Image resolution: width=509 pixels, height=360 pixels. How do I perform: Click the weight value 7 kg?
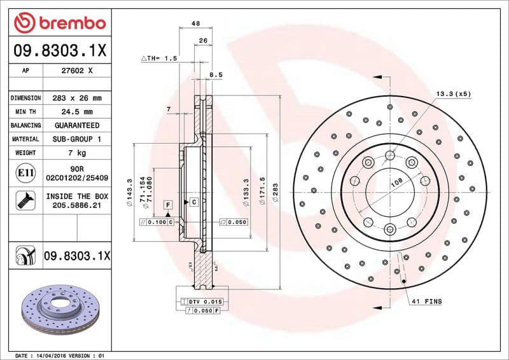click(x=77, y=153)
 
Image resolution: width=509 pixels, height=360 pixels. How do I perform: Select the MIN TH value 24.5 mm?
click(x=77, y=112)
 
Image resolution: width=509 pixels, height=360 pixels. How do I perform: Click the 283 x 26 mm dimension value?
click(x=77, y=99)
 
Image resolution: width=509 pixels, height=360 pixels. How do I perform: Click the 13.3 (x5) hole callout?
click(x=453, y=93)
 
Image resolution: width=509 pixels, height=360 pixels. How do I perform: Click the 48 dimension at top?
click(x=195, y=24)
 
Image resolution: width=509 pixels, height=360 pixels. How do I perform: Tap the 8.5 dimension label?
click(x=216, y=75)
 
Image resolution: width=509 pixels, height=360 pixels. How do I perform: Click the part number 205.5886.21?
click(x=77, y=206)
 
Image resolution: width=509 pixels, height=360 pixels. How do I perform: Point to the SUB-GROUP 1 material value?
click(x=77, y=139)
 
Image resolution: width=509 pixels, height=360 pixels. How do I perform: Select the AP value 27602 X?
click(x=77, y=71)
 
